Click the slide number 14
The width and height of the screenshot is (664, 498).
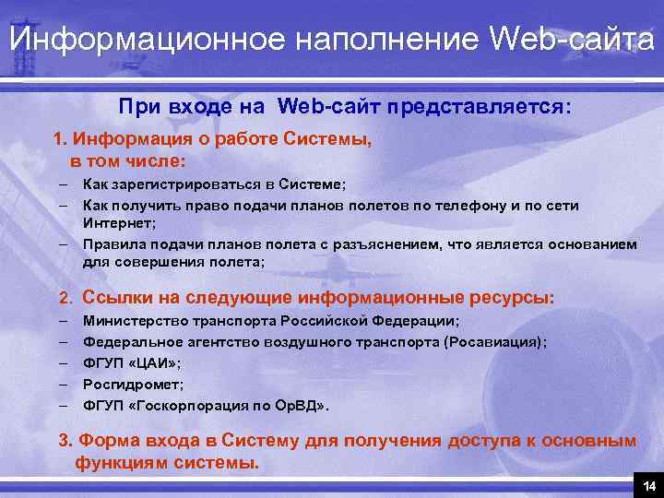coord(649,485)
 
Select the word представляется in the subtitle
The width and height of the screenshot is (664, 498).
coord(480,108)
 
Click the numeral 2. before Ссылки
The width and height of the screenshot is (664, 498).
coord(65,299)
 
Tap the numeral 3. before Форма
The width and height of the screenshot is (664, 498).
coord(66,441)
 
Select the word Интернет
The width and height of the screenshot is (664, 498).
coord(118,223)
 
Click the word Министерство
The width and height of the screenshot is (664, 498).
coord(135,321)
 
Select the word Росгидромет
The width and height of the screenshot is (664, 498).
coord(120,384)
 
